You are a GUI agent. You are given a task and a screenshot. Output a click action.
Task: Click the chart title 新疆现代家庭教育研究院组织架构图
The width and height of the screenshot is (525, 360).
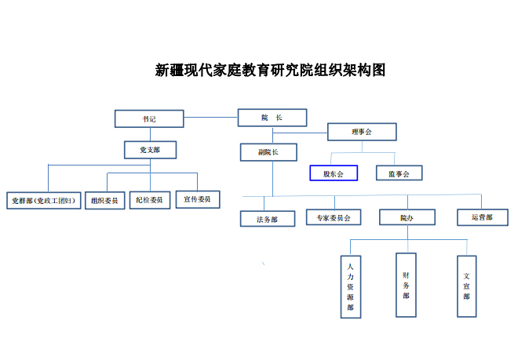tap(270, 71)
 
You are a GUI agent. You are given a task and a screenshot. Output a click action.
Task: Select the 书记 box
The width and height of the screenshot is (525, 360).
tap(149, 118)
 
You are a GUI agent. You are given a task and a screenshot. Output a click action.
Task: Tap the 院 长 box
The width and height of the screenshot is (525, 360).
tap(272, 118)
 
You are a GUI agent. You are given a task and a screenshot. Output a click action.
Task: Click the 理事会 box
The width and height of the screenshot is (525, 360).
tap(362, 132)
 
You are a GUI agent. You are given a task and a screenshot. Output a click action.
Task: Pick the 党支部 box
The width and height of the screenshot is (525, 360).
tap(151, 150)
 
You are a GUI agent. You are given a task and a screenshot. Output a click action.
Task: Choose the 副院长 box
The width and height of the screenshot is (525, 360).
tap(268, 152)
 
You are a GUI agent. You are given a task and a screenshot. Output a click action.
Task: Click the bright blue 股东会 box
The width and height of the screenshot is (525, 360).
tap(334, 173)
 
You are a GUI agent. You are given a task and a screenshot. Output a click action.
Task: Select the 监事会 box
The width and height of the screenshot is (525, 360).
tap(399, 173)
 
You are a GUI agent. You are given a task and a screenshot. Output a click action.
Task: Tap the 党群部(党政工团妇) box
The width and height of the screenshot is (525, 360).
tap(44, 201)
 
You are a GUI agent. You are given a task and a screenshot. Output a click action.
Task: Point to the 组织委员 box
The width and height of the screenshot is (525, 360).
tap(105, 201)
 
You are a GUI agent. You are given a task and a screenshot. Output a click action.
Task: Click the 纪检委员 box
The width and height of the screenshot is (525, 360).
tap(150, 200)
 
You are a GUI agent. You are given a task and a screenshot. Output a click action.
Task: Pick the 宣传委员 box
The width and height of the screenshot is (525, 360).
tap(198, 199)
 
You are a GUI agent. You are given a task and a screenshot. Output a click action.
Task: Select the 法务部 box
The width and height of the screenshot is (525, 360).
tap(268, 219)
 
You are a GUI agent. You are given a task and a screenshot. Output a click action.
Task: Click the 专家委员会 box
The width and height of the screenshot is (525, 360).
tap(334, 217)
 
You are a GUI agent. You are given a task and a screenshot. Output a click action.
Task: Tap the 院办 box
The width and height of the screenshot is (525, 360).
tap(407, 217)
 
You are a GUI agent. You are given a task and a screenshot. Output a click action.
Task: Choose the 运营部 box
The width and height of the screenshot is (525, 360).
tap(483, 217)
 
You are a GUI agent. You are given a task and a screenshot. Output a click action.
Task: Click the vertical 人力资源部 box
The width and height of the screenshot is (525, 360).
tap(351, 287)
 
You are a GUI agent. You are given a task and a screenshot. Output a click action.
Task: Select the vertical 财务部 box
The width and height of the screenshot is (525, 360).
tap(406, 285)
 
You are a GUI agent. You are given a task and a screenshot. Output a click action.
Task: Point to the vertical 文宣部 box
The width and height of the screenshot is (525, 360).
tap(467, 286)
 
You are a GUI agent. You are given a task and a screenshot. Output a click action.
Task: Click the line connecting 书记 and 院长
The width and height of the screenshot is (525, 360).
tap(210, 118)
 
